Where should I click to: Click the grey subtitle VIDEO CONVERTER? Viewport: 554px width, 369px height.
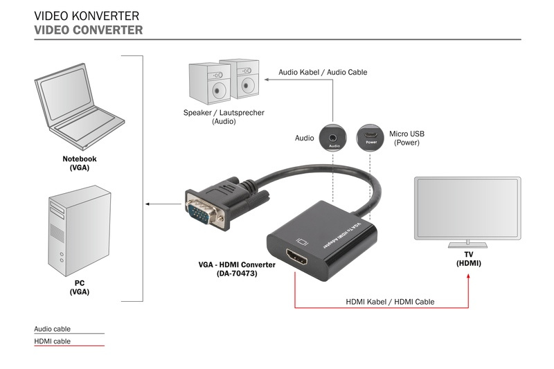[89, 30]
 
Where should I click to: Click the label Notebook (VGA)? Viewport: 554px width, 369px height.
[80, 163]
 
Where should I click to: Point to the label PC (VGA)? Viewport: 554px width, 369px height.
[80, 287]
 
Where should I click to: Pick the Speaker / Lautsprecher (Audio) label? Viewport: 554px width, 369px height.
[224, 117]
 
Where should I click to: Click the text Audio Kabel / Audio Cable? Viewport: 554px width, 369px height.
[323, 72]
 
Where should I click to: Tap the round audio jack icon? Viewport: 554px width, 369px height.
[334, 136]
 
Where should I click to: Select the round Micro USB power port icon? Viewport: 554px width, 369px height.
[370, 136]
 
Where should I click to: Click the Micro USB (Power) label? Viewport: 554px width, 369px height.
[406, 138]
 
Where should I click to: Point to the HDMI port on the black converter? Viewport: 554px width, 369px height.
[301, 260]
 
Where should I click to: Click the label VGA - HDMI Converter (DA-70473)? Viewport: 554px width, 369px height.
[237, 269]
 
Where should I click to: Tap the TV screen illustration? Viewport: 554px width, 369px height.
[467, 208]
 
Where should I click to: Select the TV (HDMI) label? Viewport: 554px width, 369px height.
[468, 260]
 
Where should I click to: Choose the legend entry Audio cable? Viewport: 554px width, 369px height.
[53, 329]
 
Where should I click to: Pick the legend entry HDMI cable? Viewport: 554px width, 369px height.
[52, 341]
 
